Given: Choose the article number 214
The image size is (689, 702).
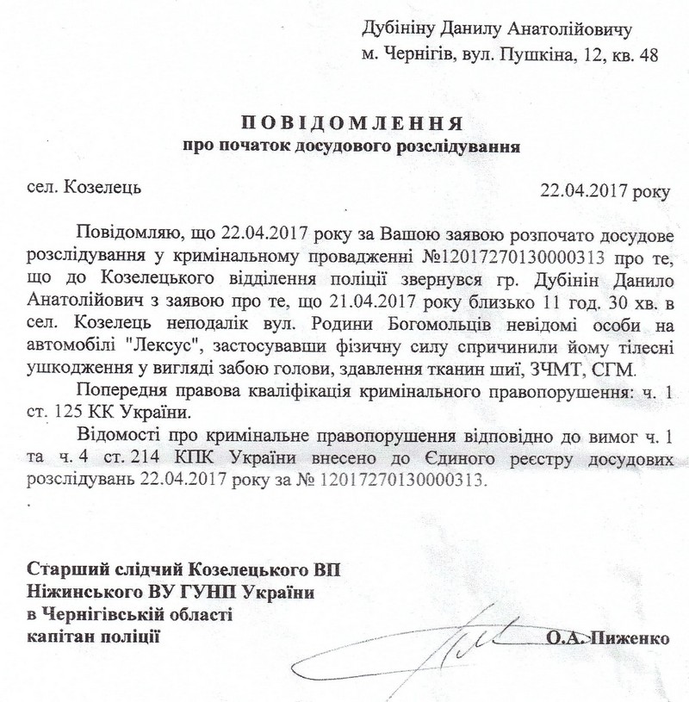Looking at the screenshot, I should (x=161, y=457).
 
